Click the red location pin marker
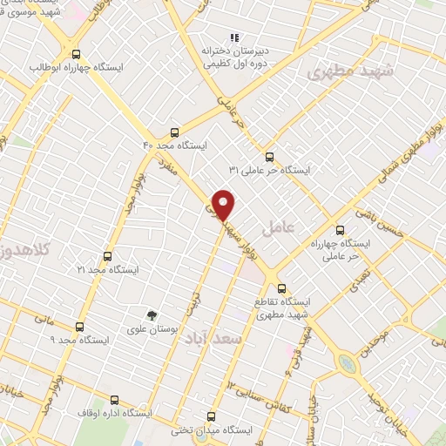point(224,204)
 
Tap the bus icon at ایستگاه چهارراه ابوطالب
point(77,53)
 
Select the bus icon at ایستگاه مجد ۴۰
point(175,133)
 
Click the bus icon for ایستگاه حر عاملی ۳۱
point(268,157)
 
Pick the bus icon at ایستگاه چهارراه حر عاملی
point(341,231)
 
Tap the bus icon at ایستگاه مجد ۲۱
point(107,257)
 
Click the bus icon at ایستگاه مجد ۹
point(79,328)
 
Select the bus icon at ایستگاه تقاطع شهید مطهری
point(280,288)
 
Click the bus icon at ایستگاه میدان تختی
point(211,416)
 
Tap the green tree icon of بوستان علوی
point(152,315)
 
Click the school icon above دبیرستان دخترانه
point(233,37)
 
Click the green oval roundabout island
point(348,362)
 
